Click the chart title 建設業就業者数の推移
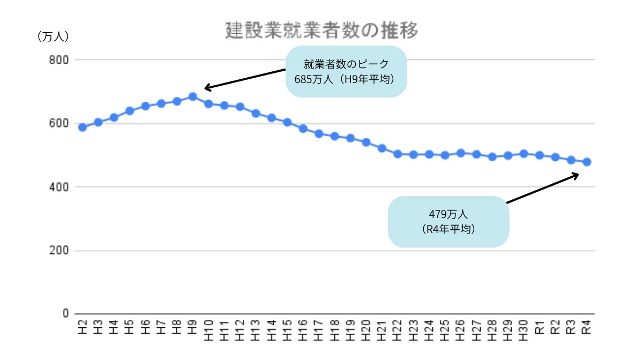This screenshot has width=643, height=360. pyautogui.click(x=321, y=31)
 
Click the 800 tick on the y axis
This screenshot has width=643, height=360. pyautogui.click(x=59, y=60)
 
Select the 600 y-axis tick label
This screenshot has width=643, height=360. pyautogui.click(x=59, y=124)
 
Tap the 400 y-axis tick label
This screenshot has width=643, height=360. pyautogui.click(x=59, y=187)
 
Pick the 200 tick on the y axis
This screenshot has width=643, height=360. pyautogui.click(x=59, y=251)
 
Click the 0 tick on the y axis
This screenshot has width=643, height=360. pyautogui.click(x=66, y=313)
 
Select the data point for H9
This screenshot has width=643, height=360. pyautogui.click(x=193, y=97)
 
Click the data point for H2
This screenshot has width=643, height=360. pyautogui.click(x=82, y=127)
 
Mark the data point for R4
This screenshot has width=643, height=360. pyautogui.click(x=587, y=162)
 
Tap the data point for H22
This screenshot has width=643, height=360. pyautogui.click(x=398, y=154)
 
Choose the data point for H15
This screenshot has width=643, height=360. pyautogui.click(x=287, y=122)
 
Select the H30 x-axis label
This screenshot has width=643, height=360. pyautogui.click(x=524, y=328)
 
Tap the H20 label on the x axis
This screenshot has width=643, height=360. pyautogui.click(x=367, y=328)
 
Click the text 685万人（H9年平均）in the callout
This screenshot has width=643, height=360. pyautogui.click(x=345, y=79)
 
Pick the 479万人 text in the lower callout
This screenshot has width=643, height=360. pyautogui.click(x=448, y=214)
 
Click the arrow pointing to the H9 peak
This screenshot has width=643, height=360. pyautogui.click(x=244, y=78)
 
